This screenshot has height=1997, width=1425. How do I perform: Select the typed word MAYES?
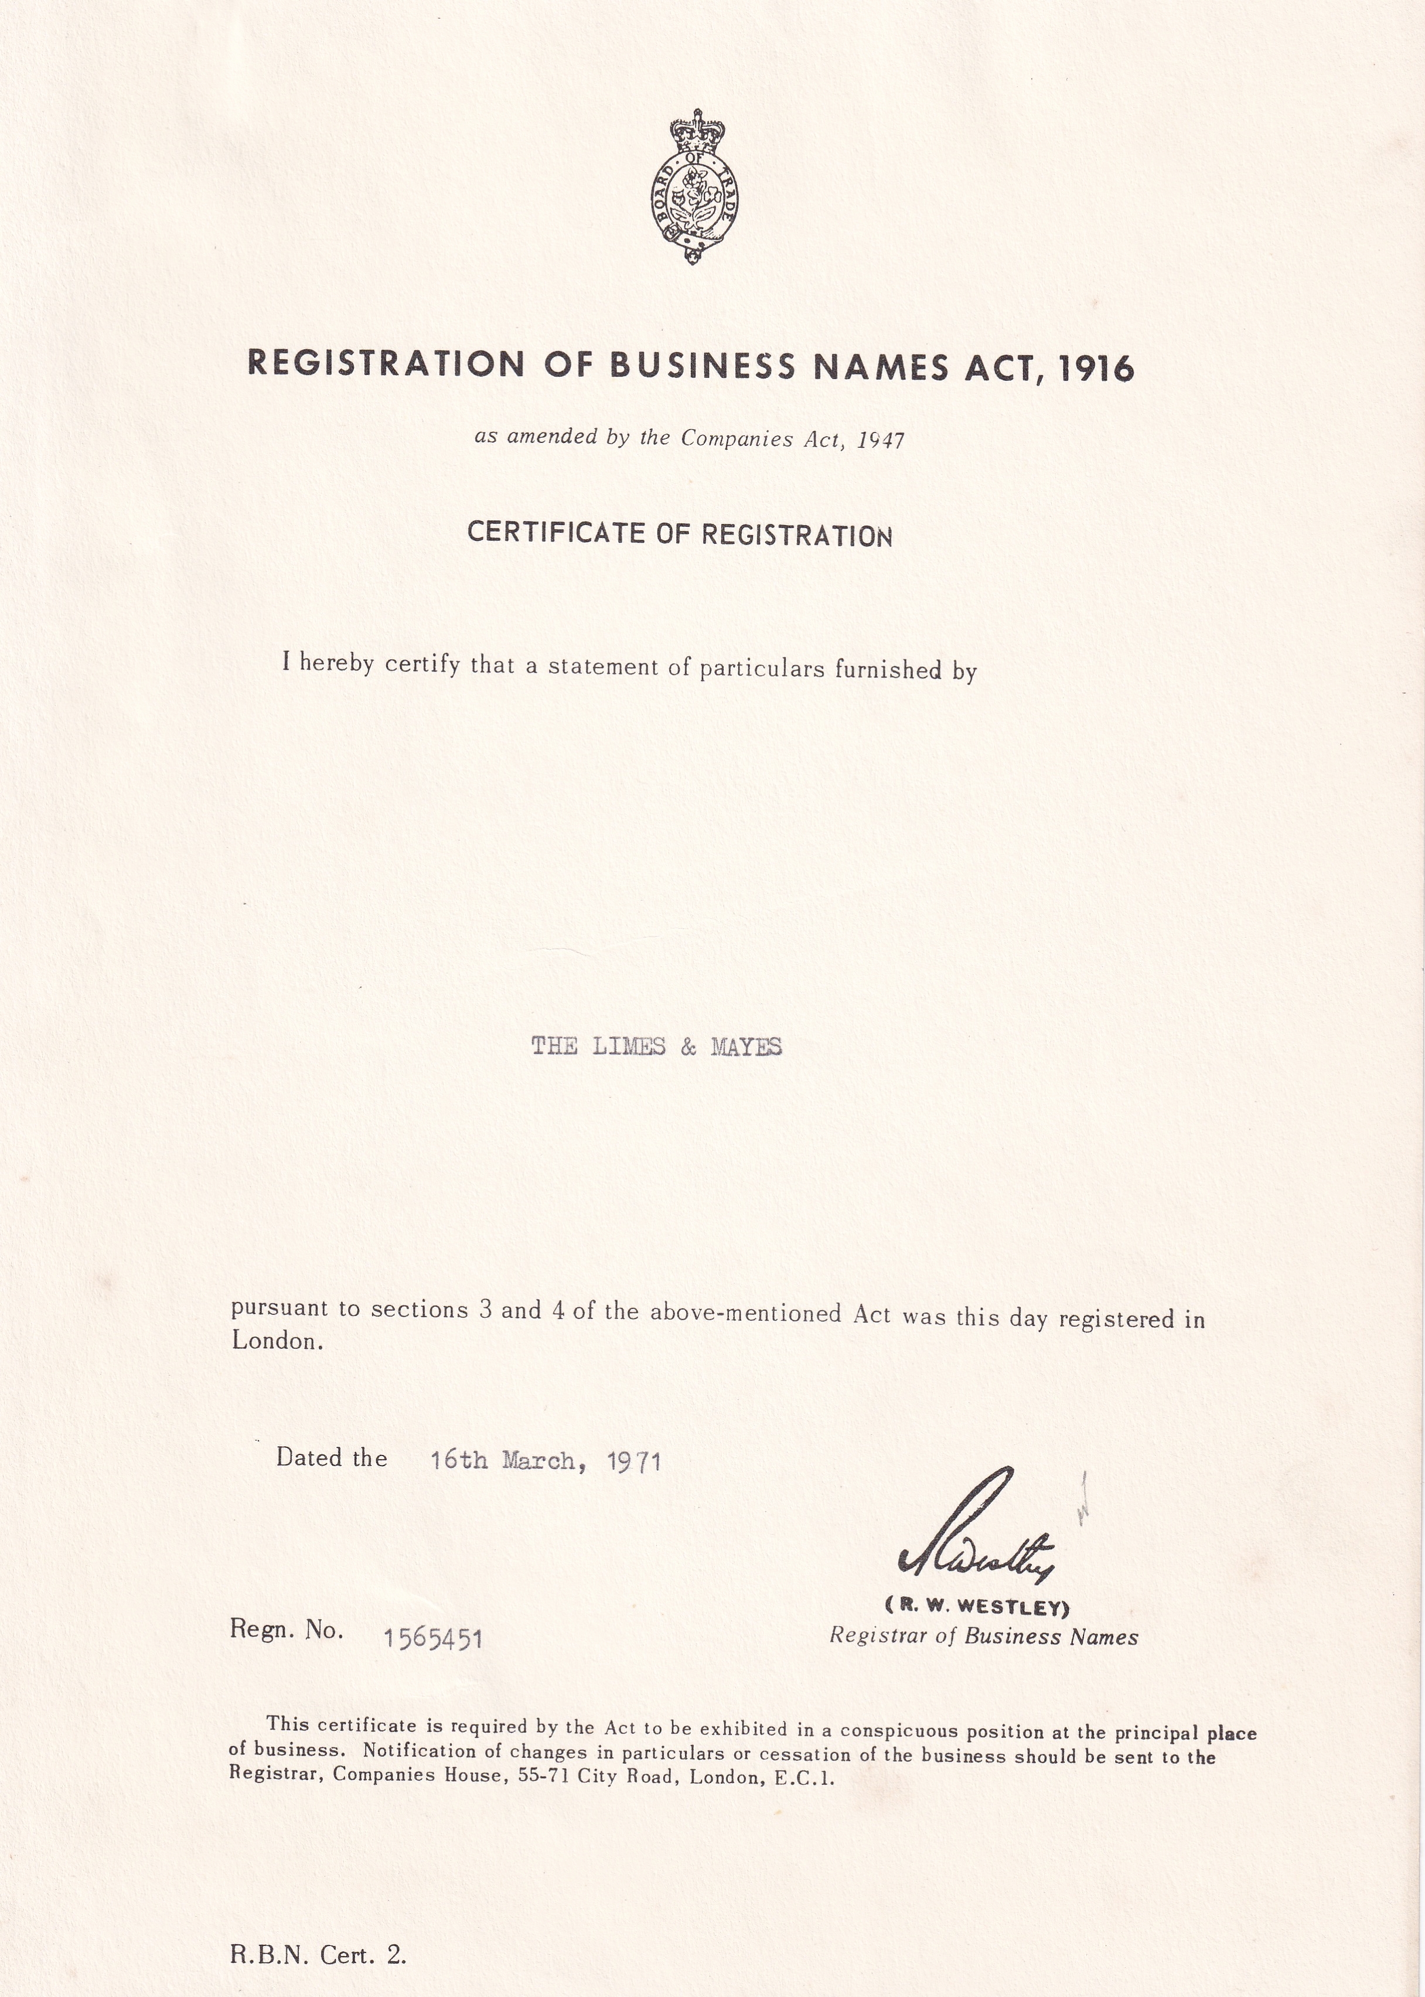(746, 1047)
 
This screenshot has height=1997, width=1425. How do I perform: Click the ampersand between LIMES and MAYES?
(688, 1047)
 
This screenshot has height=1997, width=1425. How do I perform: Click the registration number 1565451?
(434, 1638)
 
